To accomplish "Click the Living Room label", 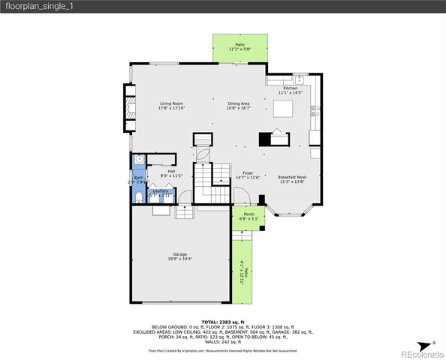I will pos(171,103).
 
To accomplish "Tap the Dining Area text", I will pos(239,103).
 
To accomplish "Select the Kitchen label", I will pos(290,88).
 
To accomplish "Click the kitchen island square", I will pos(282,110).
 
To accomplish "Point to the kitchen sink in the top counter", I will pos(298,79).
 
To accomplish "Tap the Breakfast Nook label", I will pos(291,177).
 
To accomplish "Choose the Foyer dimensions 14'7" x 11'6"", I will pos(248,178).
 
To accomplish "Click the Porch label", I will pos(249,214).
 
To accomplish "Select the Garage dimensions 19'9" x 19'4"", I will pos(180,259).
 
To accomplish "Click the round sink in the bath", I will pos(139,160).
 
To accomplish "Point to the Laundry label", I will pos(160,191).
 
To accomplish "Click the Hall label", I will pos(171,170).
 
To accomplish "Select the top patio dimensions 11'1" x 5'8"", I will pos(240,49).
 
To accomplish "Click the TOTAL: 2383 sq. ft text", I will pos(222,320).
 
